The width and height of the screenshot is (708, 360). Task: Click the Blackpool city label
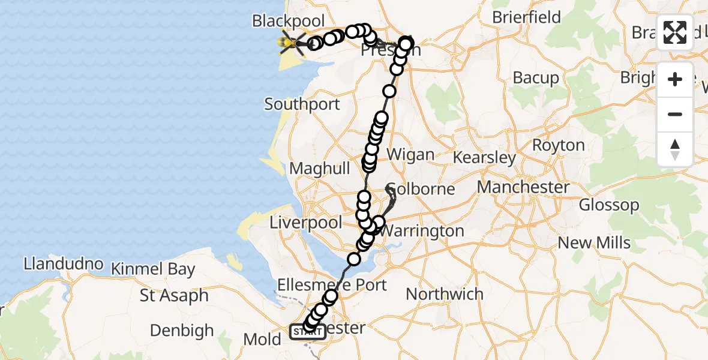pyautogui.click(x=288, y=21)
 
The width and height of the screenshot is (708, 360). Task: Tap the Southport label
pyautogui.click(x=302, y=104)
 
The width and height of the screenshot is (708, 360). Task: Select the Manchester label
pyautogui.click(x=523, y=187)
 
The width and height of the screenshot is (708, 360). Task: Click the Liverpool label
pyautogui.click(x=305, y=223)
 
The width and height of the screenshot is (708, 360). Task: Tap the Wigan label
pyautogui.click(x=410, y=154)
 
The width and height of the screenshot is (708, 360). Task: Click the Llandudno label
pyautogui.click(x=64, y=264)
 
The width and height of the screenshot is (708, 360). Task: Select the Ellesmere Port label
pyautogui.click(x=332, y=284)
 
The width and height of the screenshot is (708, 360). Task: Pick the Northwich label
pyautogui.click(x=445, y=294)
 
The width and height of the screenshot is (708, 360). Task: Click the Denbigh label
pyautogui.click(x=182, y=331)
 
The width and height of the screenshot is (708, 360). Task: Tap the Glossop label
pyautogui.click(x=609, y=205)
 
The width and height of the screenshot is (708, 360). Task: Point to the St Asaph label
pyautogui.click(x=174, y=296)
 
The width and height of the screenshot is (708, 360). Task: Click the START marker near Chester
pyautogui.click(x=307, y=332)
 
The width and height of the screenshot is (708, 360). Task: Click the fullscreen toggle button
pyautogui.click(x=675, y=32)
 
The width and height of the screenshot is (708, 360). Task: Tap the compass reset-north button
pyautogui.click(x=675, y=149)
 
